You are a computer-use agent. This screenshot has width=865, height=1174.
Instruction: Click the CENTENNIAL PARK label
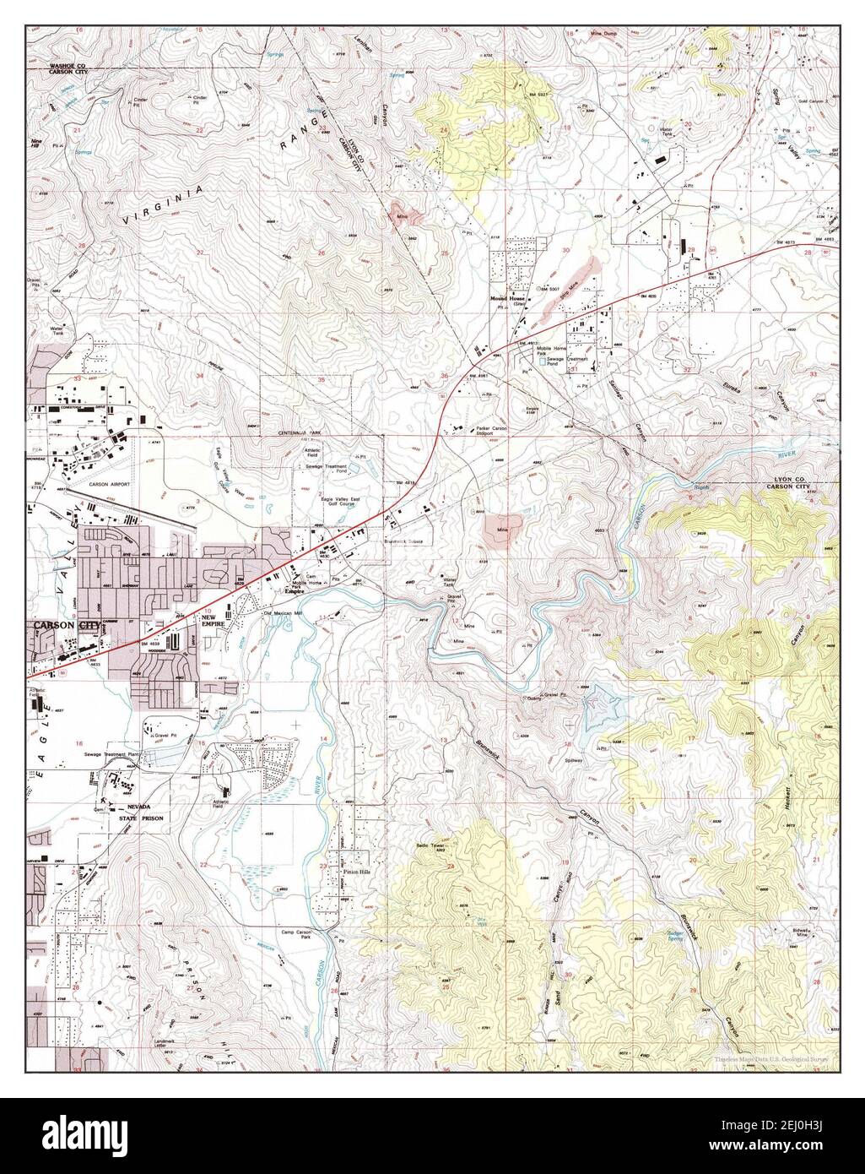click(x=302, y=432)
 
